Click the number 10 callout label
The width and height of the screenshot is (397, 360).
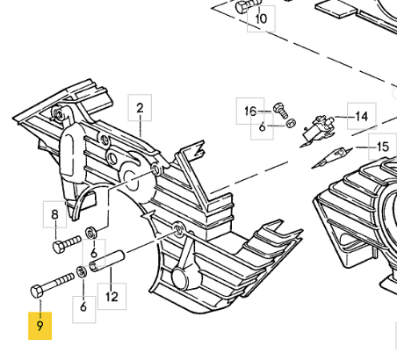(261, 18)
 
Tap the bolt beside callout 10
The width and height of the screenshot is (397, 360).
(248, 6)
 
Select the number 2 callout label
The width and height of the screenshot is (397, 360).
(140, 108)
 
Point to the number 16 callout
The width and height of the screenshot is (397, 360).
(250, 112)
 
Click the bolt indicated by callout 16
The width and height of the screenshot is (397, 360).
(281, 111)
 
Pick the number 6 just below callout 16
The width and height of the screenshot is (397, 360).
(263, 127)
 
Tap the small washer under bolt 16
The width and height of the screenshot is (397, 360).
(291, 124)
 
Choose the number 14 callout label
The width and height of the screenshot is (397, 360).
(362, 117)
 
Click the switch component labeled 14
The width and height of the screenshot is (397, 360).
(318, 129)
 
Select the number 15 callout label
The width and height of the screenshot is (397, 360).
(382, 147)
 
